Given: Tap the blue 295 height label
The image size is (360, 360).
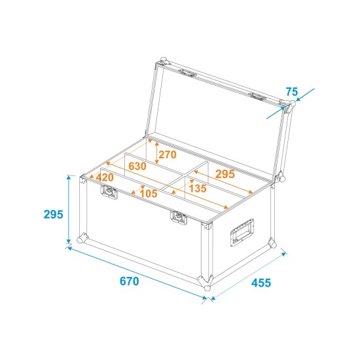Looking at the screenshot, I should [x=52, y=214].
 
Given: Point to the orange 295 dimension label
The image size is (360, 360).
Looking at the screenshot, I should [x=225, y=174].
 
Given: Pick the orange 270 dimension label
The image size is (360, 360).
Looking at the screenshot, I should [x=168, y=154].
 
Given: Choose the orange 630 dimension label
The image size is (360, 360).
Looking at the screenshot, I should [x=137, y=166].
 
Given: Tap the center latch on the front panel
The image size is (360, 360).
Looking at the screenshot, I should [x=177, y=217].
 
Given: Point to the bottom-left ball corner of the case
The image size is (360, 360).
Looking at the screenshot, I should [x=81, y=239].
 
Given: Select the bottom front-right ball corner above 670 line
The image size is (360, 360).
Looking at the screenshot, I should [x=206, y=286].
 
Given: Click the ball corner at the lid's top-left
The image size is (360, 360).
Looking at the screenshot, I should [x=161, y=64].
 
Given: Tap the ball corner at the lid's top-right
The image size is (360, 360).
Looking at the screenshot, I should [x=287, y=105].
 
